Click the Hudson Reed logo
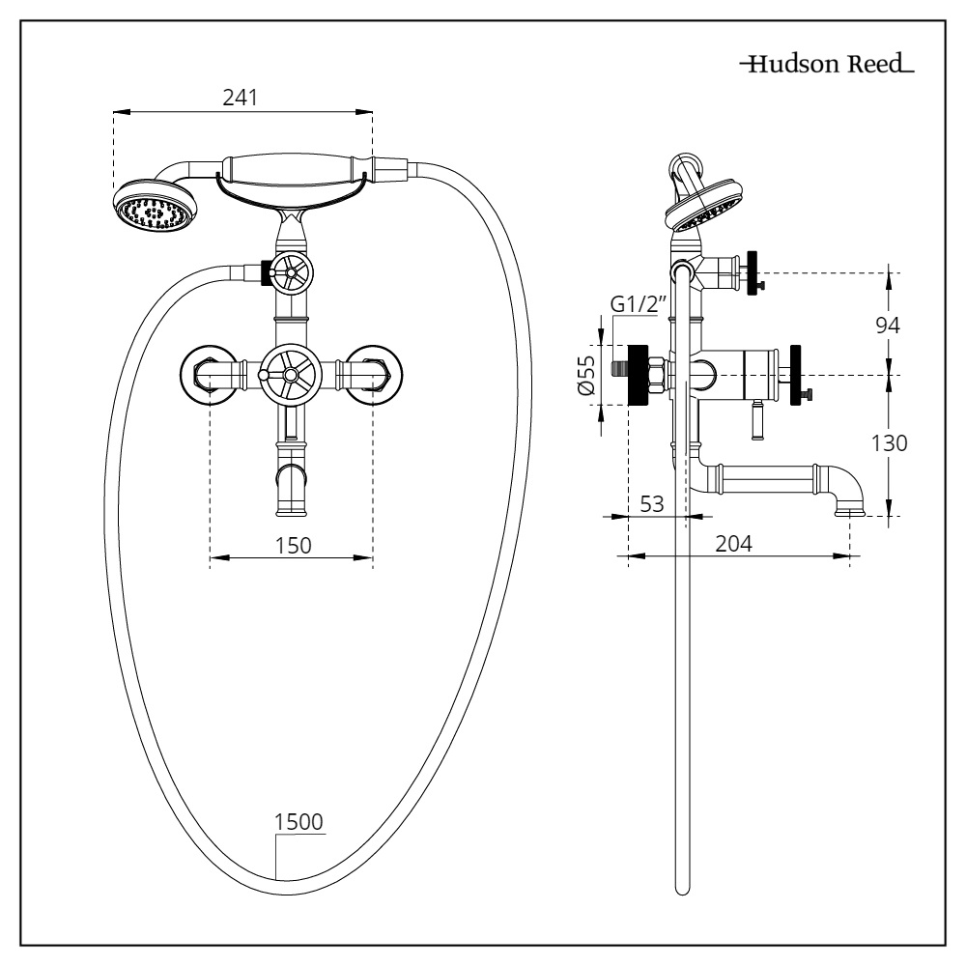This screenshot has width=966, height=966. click(826, 66)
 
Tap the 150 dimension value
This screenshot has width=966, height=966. click(292, 545)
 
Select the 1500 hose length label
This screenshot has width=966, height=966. click(300, 823)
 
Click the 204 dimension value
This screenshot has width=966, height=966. click(735, 543)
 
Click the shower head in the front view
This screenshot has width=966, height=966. click(155, 205)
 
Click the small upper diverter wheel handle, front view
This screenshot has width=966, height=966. click(292, 274)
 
